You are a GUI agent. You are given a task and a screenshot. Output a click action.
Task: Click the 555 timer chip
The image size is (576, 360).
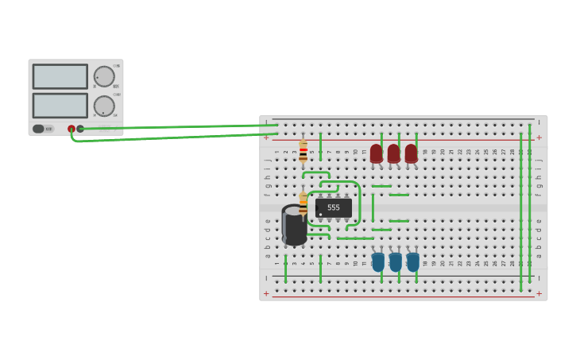point(333,207)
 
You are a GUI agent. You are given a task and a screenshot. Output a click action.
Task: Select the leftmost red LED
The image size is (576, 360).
point(376,153)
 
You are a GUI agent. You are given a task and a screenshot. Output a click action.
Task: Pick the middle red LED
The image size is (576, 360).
point(393,153)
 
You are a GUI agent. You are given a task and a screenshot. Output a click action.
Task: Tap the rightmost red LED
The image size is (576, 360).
point(411,153)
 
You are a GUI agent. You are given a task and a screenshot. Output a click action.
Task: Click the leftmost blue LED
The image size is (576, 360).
point(378,261)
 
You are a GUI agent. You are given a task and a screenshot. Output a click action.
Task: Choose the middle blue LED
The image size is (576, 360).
point(396,261)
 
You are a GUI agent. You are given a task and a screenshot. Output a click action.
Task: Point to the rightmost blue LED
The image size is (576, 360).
point(413,261)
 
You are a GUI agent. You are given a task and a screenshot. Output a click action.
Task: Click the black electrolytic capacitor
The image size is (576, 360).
point(294,225)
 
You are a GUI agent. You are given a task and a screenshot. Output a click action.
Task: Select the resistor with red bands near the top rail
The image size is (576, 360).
point(303,151)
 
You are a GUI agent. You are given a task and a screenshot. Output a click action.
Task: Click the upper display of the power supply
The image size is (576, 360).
point(60,76)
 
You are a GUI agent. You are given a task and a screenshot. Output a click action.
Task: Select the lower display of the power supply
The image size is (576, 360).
point(60,106)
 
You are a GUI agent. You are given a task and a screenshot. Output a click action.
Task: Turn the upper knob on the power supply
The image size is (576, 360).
point(103,76)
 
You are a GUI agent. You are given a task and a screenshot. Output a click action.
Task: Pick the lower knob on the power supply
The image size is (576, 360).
point(103,106)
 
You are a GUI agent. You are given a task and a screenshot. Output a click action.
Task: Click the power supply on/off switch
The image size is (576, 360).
point(39,129)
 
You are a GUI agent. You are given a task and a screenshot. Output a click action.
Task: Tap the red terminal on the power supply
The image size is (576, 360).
point(72,129)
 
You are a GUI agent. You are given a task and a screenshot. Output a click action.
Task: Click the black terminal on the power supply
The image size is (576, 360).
point(80,129)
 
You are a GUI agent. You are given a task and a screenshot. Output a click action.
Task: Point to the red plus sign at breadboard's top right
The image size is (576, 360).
point(539,137)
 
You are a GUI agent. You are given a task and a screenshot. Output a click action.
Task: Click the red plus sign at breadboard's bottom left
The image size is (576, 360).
point(266,293)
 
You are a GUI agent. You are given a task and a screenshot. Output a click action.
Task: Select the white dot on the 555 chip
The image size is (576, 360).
point(319,214)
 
